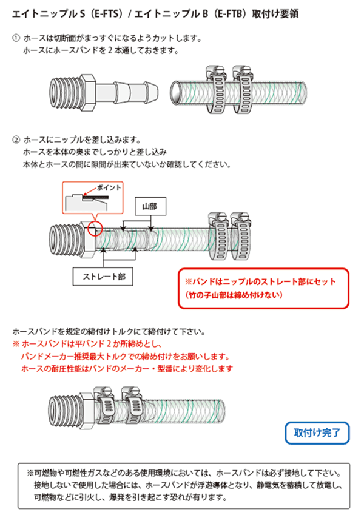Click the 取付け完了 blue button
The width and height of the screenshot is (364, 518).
click(x=317, y=432)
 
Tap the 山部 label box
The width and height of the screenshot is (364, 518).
click(x=150, y=206)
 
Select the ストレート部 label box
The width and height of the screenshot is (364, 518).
click(x=103, y=277)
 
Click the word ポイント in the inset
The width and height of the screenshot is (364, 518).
click(x=109, y=187)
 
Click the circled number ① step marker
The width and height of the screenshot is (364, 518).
click(x=16, y=38)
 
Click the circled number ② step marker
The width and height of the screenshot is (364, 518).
click(x=16, y=140)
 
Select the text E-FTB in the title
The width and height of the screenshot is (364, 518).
click(x=230, y=14)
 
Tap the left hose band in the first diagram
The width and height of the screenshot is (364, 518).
click(x=217, y=90)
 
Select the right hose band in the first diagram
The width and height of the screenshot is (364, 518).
click(x=243, y=90)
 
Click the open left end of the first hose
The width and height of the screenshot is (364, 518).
click(x=177, y=93)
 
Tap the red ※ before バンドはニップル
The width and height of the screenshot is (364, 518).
click(x=189, y=282)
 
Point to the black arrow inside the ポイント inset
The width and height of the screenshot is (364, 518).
click(x=90, y=193)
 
